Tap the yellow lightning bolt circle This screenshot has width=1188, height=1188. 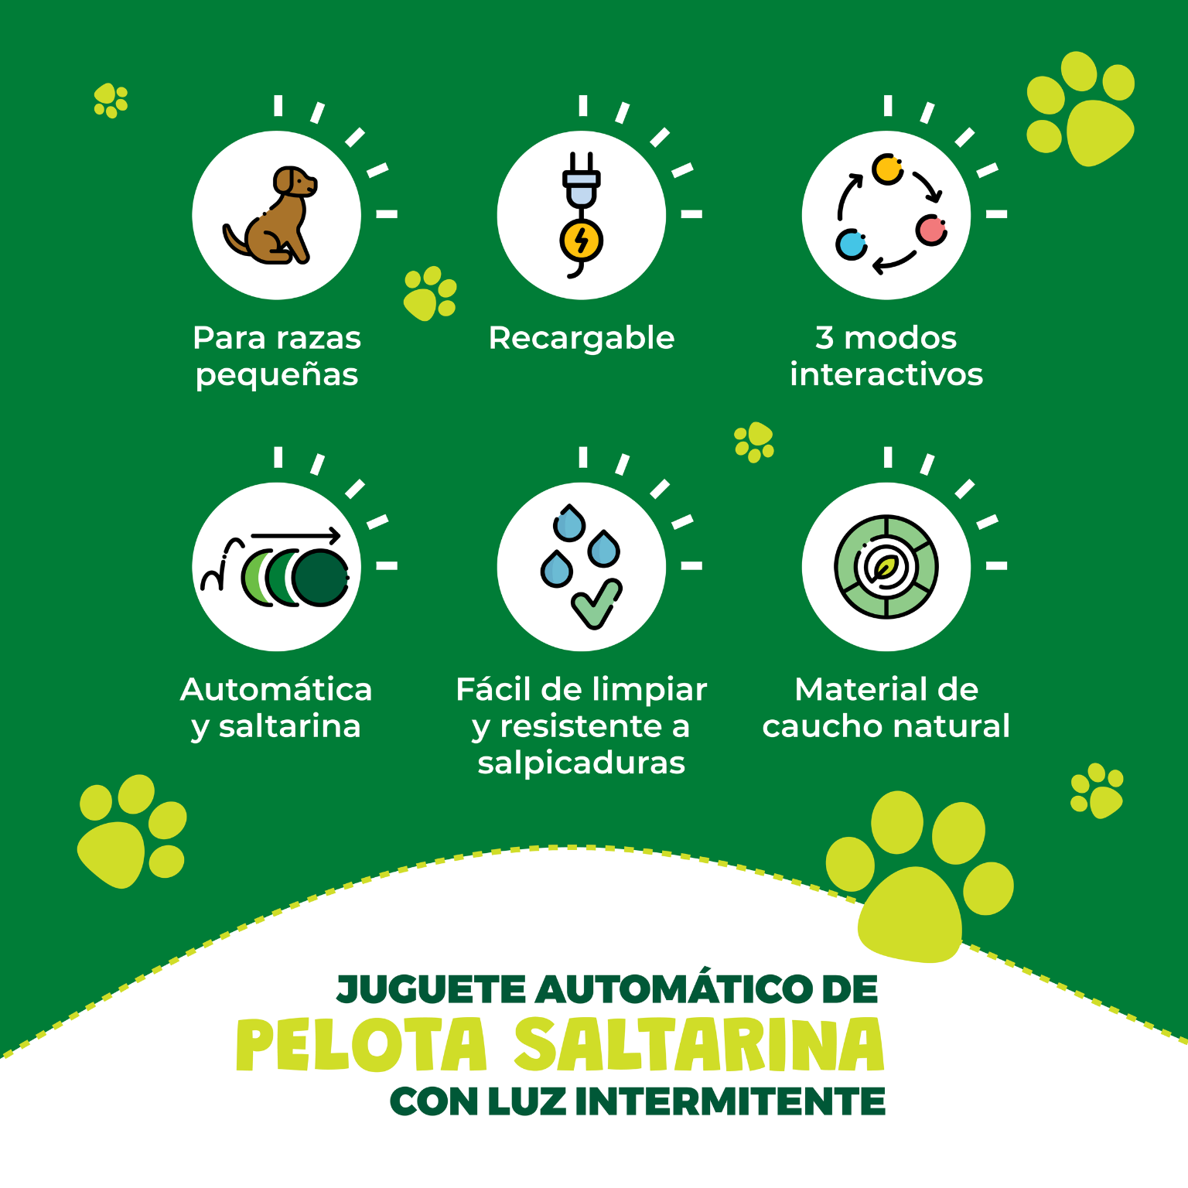pos(582,241)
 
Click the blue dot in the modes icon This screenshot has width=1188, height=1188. pos(852,244)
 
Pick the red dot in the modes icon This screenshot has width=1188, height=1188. pos(931,230)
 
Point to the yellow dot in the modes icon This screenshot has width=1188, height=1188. pos(887,169)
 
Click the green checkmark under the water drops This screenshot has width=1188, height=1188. pos(596,604)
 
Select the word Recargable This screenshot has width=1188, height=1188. pos(582,338)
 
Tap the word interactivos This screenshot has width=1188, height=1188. pos(886,374)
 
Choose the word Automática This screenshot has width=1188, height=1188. pos(276,689)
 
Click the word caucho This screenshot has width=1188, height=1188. pos(821,726)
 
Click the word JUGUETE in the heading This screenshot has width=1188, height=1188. pos(432,989)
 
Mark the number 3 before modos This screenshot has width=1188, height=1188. pos(824,338)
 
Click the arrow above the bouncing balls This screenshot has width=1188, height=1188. pos(296,534)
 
